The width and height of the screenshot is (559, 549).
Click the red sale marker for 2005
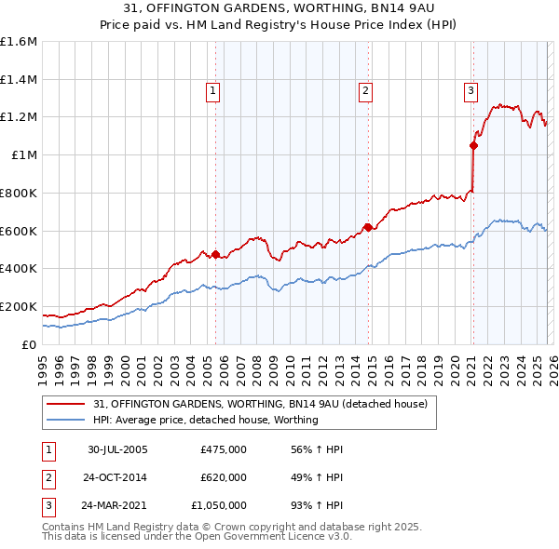click(215, 254)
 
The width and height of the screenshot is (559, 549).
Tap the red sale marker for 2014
click(368, 226)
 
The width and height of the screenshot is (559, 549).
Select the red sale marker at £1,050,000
click(473, 145)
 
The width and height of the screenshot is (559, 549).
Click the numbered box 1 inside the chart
click(213, 91)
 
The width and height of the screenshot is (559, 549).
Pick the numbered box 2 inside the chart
click(365, 91)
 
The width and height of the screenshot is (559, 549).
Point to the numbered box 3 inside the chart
click(471, 91)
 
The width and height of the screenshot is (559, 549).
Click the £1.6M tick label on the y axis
click(19, 42)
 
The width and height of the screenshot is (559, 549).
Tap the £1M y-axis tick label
click(24, 155)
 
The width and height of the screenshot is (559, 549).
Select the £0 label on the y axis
click(29, 344)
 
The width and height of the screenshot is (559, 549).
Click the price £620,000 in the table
click(223, 477)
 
